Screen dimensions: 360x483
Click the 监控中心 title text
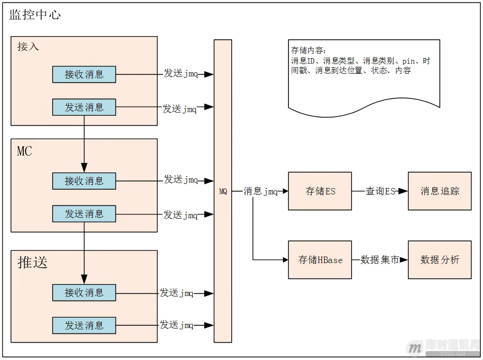[35, 15]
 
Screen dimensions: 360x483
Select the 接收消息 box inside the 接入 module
[84, 74]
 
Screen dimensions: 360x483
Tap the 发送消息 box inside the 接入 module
[84, 107]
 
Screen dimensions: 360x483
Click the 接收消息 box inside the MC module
[84, 181]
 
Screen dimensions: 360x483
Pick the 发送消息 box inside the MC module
[84, 214]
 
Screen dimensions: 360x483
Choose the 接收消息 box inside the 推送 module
[84, 292]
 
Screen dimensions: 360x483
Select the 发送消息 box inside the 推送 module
[84, 325]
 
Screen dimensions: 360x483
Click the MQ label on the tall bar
[223, 192]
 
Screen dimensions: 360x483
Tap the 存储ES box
[320, 191]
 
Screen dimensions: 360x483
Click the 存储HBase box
[320, 260]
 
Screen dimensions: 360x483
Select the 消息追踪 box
[440, 191]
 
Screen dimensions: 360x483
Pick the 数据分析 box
[440, 260]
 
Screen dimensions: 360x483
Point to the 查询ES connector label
[380, 191]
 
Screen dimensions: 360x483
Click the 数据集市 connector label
[380, 260]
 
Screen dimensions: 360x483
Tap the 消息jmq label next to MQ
[260, 191]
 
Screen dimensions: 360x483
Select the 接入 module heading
[28, 47]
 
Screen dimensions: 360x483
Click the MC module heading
[25, 151]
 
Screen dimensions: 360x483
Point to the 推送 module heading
[33, 262]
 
